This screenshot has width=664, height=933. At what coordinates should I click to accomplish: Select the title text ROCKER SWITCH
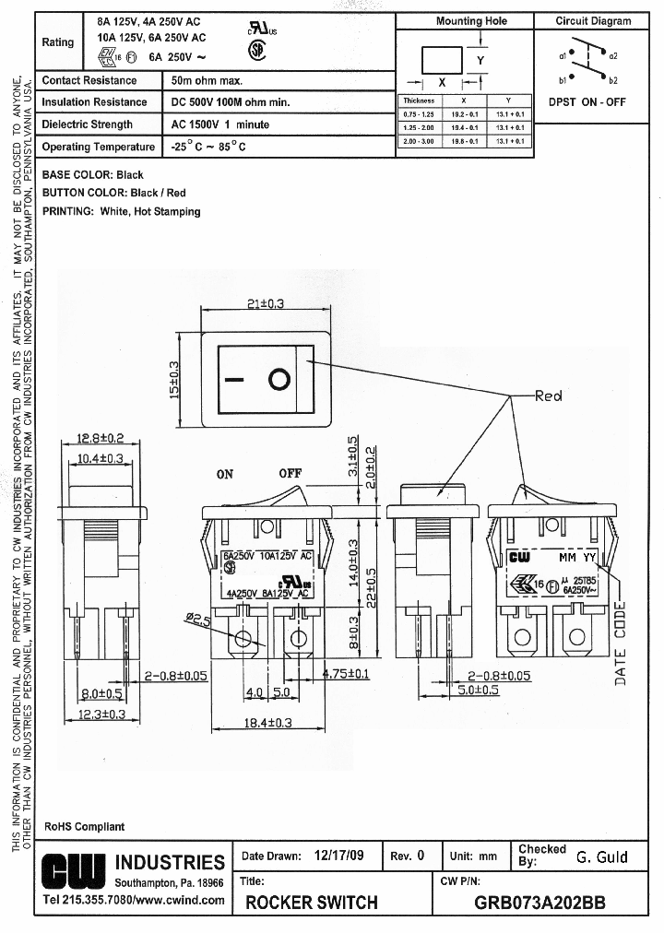coord(311,903)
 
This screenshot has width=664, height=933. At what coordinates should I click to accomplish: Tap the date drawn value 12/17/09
coord(338,856)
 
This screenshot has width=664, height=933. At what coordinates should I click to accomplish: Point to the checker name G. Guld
coord(601,856)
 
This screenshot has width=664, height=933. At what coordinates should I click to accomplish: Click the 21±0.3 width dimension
coord(266,303)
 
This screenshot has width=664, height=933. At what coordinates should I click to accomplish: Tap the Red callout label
coord(549,396)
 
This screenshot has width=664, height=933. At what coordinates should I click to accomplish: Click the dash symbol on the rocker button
coord(236,379)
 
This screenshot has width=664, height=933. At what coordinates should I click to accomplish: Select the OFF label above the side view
coord(290,474)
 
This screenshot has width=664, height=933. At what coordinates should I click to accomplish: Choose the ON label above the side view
coord(225,475)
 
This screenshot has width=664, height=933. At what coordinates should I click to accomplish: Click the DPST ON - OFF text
coord(587,102)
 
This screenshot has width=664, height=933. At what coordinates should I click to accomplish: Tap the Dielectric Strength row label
coord(88,124)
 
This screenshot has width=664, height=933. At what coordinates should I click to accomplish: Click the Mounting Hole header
coord(471,21)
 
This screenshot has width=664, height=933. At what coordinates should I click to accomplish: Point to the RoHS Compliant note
coord(84,826)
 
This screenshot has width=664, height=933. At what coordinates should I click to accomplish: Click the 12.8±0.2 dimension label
coord(101,438)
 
